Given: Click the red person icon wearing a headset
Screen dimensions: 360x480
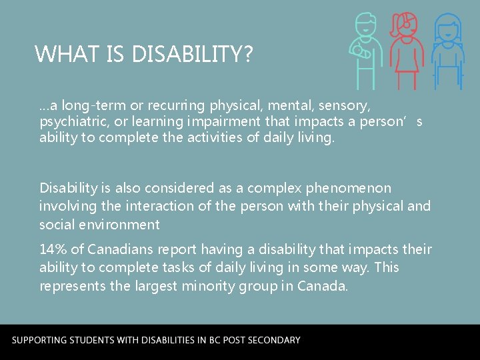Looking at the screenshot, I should pos(406,50).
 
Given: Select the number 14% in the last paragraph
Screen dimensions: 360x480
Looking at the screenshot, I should pos(53,249).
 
